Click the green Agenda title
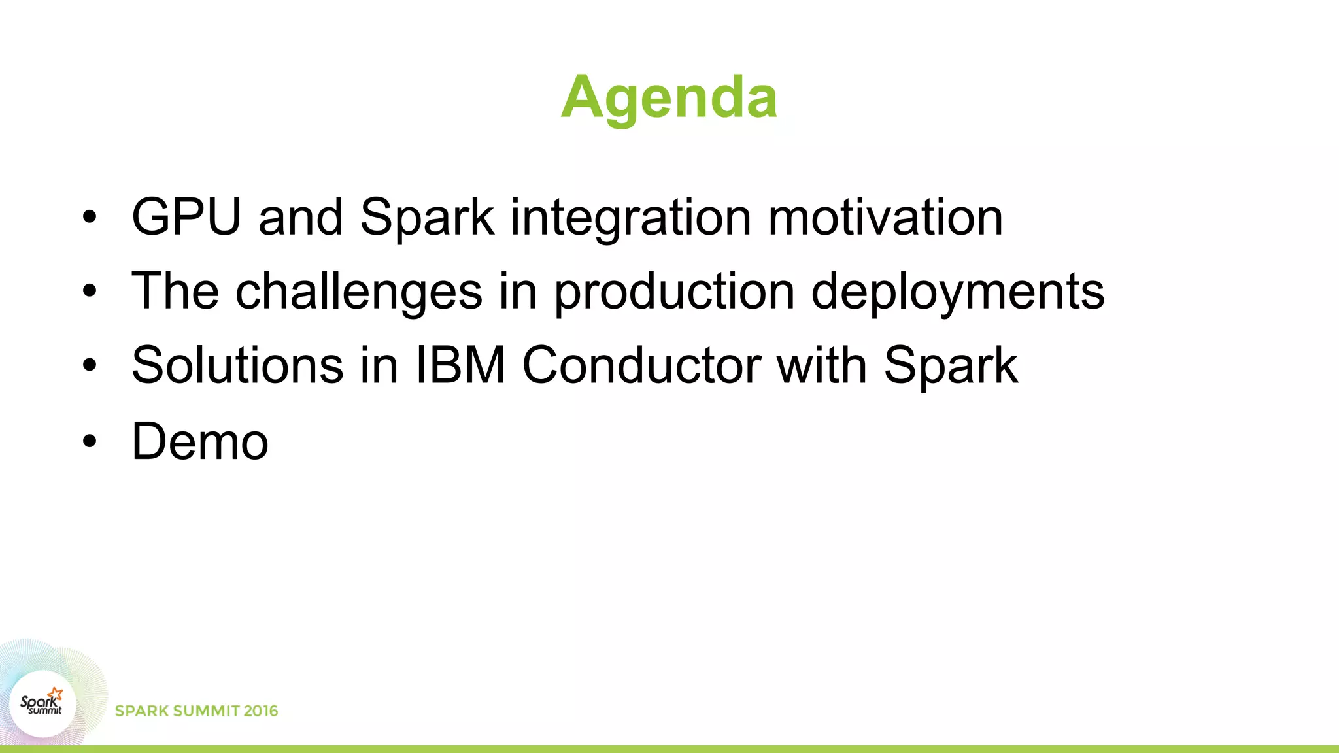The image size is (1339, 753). [x=669, y=98]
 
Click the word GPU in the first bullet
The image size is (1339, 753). [x=186, y=217]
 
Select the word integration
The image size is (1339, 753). [x=630, y=218]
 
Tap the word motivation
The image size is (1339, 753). [x=885, y=217]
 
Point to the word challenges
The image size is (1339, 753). [x=358, y=292]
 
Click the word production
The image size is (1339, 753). [x=674, y=292]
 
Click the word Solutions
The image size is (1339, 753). [x=237, y=365]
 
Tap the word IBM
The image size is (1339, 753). [x=460, y=365]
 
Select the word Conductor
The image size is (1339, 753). [x=641, y=365]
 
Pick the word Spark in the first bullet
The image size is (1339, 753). [x=427, y=218]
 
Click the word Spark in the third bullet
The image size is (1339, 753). [x=951, y=365]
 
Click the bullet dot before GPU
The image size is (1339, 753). [x=90, y=217]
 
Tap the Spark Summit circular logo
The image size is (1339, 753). [x=42, y=704]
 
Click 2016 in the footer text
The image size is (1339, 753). [x=260, y=711]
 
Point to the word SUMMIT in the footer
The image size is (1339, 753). [x=205, y=711]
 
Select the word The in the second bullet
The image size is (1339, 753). [x=175, y=292]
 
